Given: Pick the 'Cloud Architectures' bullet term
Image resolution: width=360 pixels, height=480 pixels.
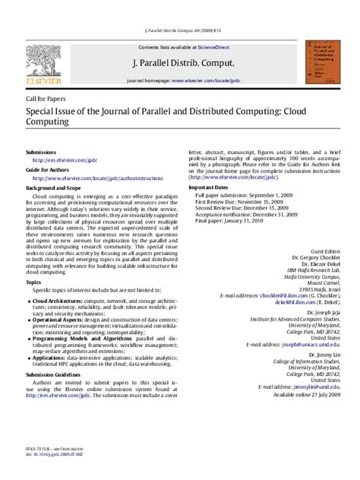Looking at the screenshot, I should click(59, 302).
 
